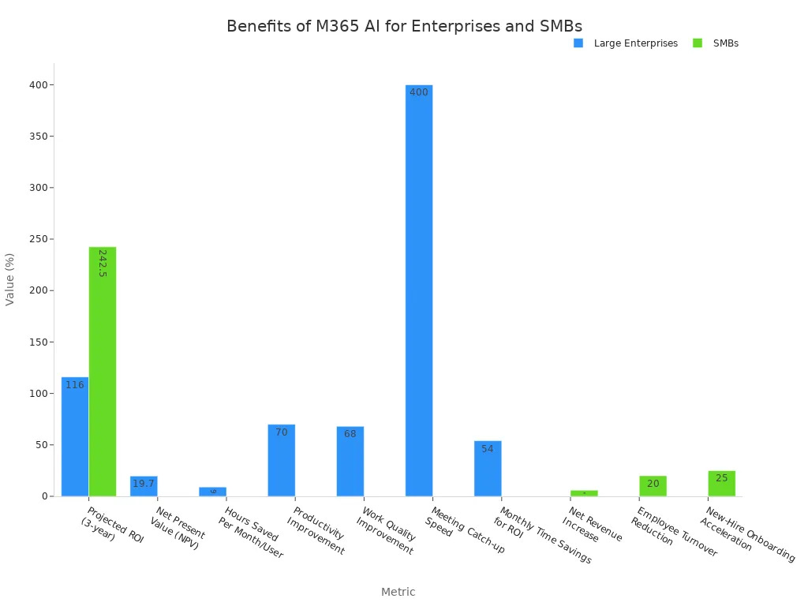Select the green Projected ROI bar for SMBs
tap(103, 371)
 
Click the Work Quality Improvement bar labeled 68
tap(350, 461)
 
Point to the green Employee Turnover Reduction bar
tap(653, 486)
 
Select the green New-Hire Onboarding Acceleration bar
tap(721, 484)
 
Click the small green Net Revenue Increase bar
tap(584, 493)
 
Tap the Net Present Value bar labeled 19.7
tap(144, 486)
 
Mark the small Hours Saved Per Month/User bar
tap(212, 492)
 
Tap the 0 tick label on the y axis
tap(45, 496)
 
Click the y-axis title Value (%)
tap(10, 279)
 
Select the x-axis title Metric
tap(398, 592)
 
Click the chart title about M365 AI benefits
tap(404, 26)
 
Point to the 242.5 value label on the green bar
tap(103, 263)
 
